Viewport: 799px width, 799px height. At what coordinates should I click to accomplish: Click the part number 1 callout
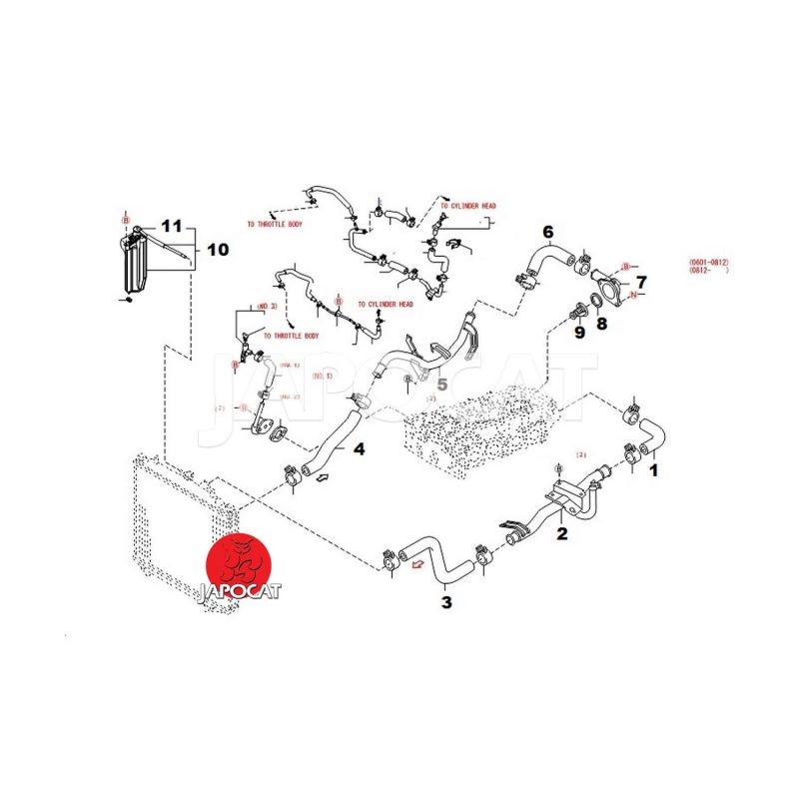[655, 467]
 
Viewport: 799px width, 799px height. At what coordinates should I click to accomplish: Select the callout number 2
[561, 534]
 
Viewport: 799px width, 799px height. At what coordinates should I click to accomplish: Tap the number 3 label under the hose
[446, 601]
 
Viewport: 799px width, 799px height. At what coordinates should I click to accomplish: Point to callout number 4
[358, 449]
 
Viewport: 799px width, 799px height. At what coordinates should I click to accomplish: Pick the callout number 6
[547, 232]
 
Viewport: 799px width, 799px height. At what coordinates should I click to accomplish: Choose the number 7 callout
[640, 282]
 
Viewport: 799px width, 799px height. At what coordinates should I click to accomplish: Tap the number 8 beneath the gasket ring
[600, 323]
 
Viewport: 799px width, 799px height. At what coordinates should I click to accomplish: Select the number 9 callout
[578, 332]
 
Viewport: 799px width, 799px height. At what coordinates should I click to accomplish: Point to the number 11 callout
[171, 227]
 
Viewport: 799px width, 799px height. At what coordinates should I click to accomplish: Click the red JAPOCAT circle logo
[240, 570]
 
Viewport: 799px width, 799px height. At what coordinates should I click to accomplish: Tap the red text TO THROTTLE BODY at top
[275, 224]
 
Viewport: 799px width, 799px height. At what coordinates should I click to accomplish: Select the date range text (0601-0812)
[714, 263]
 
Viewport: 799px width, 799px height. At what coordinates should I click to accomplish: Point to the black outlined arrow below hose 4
[322, 481]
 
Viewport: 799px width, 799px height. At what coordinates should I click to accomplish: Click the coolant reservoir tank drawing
[134, 262]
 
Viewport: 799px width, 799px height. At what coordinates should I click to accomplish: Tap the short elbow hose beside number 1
[652, 436]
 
